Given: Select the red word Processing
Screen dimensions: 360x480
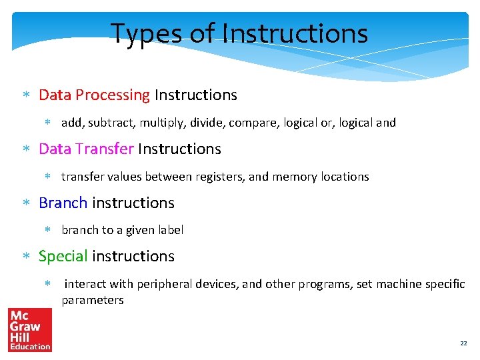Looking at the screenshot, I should point(113,95).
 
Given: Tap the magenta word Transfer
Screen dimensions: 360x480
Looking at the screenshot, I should point(105,149).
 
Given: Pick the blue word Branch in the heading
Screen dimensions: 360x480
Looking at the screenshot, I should point(63,203).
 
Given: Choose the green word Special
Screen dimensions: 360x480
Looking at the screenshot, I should point(63,256).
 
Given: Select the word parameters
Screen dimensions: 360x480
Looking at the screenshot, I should point(93,300).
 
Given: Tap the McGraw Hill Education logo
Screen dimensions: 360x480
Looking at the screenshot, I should point(30,329).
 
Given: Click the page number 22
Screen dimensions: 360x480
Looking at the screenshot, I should point(463,343).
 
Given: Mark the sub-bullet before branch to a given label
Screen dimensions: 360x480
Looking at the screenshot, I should point(47,230).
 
